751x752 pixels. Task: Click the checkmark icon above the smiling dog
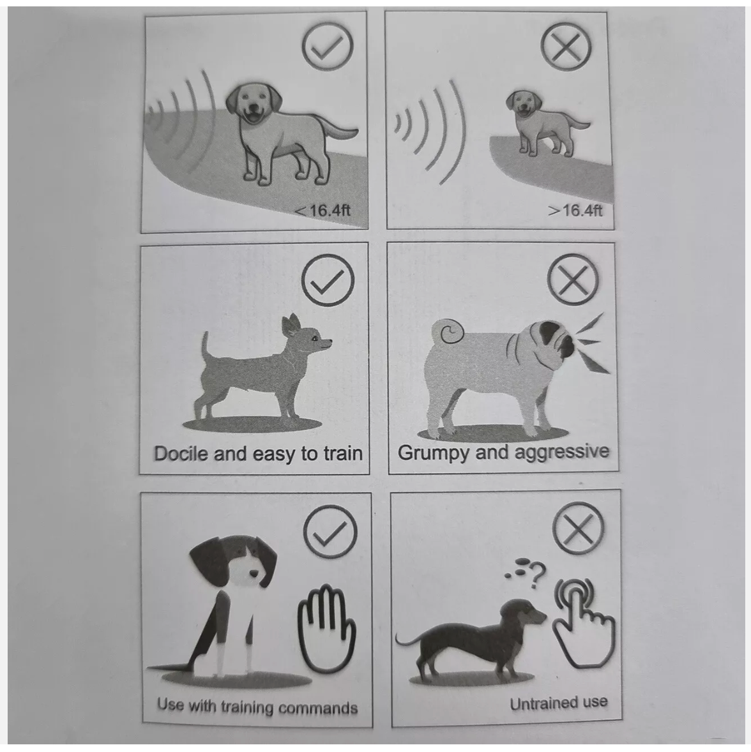pyautogui.click(x=327, y=49)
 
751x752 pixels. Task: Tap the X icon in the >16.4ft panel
pyautogui.click(x=566, y=47)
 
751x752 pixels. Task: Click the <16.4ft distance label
pyautogui.click(x=323, y=210)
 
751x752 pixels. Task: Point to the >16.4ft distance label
pyautogui.click(x=574, y=210)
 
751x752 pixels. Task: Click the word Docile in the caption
pyautogui.click(x=181, y=454)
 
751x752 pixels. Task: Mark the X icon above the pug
pyautogui.click(x=573, y=281)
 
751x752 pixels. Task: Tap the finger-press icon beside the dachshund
pyautogui.click(x=580, y=616)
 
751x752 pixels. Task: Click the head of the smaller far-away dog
pyautogui.click(x=523, y=104)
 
